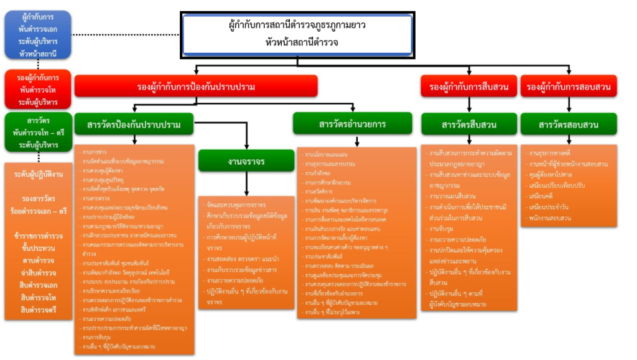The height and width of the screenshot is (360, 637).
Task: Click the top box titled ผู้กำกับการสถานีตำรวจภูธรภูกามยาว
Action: pos(297,34)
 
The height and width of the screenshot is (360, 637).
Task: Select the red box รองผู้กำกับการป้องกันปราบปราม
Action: pos(197,86)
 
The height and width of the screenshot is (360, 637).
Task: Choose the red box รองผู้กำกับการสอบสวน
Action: pos(569,87)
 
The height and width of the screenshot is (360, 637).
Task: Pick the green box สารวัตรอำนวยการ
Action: pos(352,124)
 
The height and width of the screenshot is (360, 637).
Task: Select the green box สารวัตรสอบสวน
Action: pos(569,124)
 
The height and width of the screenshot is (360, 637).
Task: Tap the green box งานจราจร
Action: pos(246,161)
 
